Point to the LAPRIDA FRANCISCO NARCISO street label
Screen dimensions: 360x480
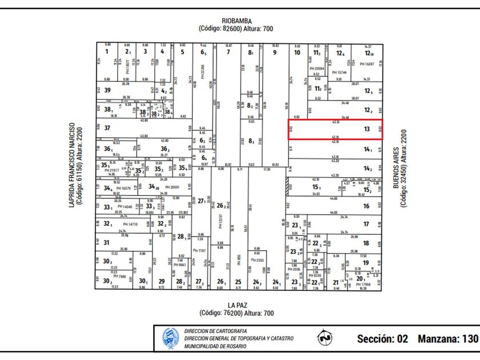(x=72, y=165)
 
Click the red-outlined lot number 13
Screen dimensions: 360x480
(x=366, y=129)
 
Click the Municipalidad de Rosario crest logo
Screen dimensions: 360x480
(x=170, y=338)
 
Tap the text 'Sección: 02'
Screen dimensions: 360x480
(x=382, y=338)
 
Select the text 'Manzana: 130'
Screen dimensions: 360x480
(x=447, y=338)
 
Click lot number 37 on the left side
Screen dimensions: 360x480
(x=107, y=128)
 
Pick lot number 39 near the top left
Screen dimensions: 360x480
(x=107, y=90)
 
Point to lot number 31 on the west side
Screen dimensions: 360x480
(x=106, y=242)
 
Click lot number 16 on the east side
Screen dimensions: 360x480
(x=366, y=206)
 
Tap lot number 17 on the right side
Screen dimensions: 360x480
(x=366, y=224)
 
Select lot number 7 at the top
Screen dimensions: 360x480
(x=229, y=52)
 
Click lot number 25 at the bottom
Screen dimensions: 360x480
(x=238, y=282)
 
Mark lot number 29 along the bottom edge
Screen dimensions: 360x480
(x=162, y=281)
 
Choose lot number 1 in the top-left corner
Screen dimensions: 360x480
(x=106, y=52)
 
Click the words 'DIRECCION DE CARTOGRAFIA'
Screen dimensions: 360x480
(x=215, y=331)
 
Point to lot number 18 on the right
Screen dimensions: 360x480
(x=366, y=243)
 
